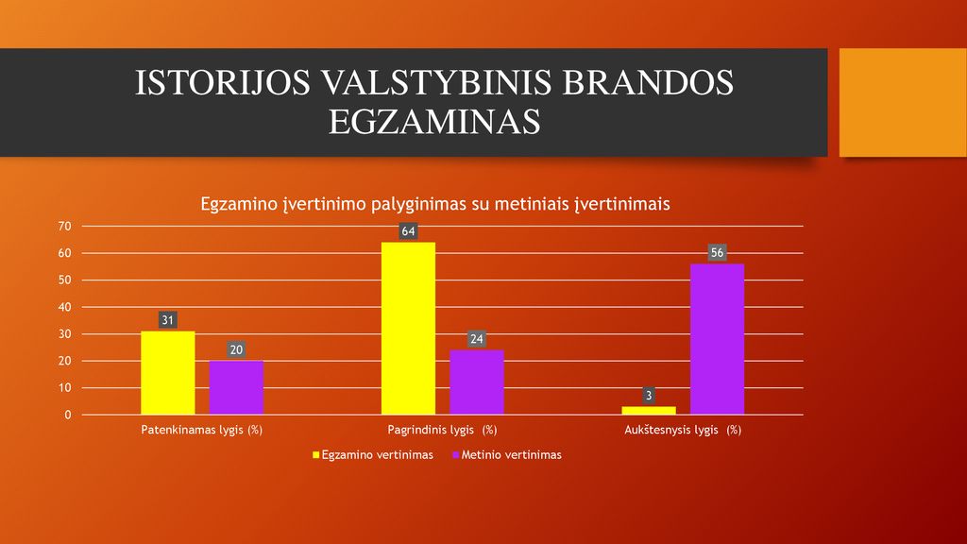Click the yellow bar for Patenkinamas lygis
click(x=168, y=372)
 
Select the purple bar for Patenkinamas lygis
click(x=236, y=387)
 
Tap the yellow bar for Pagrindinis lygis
click(x=408, y=328)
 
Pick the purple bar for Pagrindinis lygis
click(x=477, y=382)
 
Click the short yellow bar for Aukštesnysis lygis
click(x=649, y=410)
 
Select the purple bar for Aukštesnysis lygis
click(x=718, y=339)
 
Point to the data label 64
click(x=408, y=231)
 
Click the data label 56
click(x=718, y=253)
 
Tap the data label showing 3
click(x=649, y=396)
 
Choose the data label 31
click(x=168, y=320)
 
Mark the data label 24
click(x=477, y=339)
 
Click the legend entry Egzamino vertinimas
click(x=373, y=455)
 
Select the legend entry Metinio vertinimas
click(x=507, y=455)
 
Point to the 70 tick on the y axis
click(x=65, y=227)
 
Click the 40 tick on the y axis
click(x=65, y=307)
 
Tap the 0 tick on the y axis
click(x=68, y=416)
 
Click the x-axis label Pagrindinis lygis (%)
click(x=442, y=430)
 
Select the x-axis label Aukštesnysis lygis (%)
click(x=683, y=430)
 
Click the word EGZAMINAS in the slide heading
click(x=434, y=122)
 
